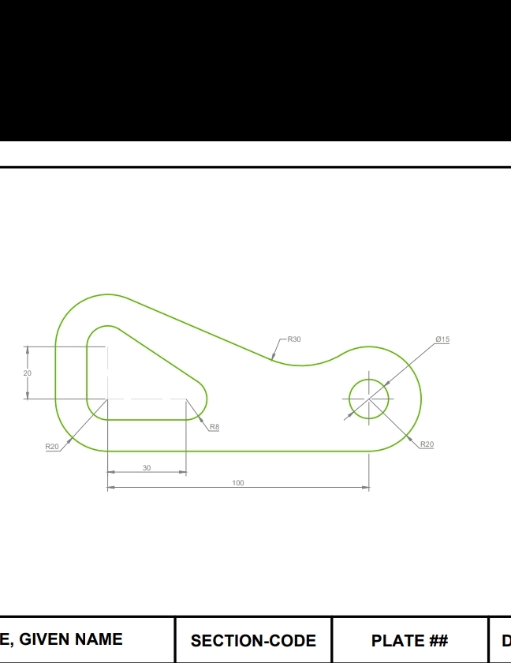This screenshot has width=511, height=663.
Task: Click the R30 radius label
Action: tap(293, 339)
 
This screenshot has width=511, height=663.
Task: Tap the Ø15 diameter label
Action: tap(442, 339)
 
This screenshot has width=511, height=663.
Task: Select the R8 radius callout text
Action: tap(214, 427)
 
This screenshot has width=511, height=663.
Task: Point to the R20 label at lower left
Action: tap(52, 447)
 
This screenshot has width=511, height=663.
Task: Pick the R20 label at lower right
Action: tap(427, 444)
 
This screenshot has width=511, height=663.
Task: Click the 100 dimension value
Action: tap(238, 483)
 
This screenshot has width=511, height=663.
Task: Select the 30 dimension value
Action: tap(147, 468)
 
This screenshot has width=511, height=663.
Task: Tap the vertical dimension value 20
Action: tap(28, 373)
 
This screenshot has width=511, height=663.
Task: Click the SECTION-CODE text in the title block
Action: tap(253, 641)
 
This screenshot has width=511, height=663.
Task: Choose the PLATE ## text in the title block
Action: tap(409, 641)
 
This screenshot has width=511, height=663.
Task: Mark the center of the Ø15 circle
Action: tap(369, 399)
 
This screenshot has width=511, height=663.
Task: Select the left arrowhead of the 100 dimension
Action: tap(110, 488)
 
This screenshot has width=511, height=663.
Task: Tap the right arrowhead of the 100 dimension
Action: tap(366, 488)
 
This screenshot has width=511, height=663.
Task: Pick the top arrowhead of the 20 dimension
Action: tap(28, 349)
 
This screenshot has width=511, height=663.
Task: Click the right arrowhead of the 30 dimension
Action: tap(183, 473)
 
